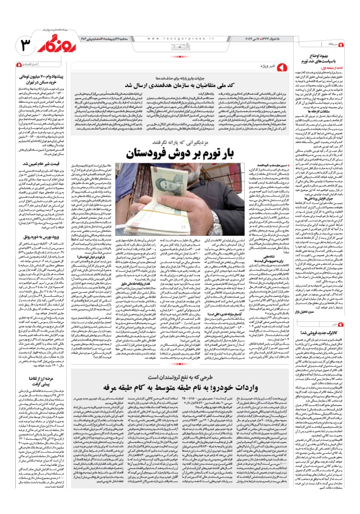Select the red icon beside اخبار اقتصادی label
pyautogui.click(x=18, y=64)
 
